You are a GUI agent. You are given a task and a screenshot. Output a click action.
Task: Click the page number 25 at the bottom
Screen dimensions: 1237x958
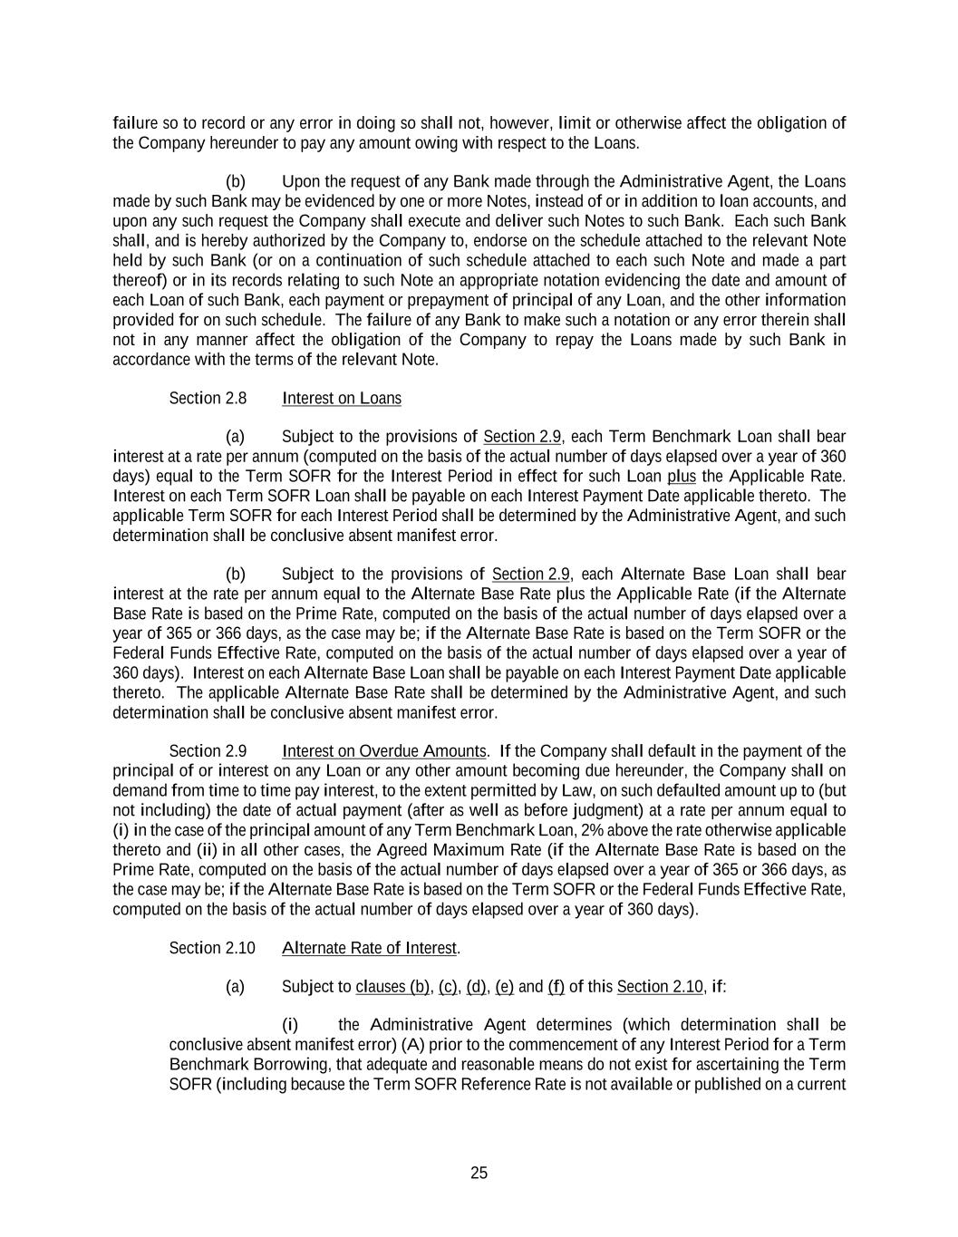[x=479, y=1173]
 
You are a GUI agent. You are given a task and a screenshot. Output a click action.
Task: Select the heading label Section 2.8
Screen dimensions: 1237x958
[x=208, y=399]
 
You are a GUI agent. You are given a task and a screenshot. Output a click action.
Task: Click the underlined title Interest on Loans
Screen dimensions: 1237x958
[x=342, y=399]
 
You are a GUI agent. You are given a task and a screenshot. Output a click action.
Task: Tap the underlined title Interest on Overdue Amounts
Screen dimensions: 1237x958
[x=384, y=751]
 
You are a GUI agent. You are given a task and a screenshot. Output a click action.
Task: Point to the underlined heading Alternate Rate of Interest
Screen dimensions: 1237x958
[x=369, y=948]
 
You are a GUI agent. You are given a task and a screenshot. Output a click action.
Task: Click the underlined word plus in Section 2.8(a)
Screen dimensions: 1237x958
[x=681, y=477]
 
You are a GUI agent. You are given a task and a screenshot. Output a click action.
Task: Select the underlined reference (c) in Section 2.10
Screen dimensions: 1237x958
[x=448, y=987]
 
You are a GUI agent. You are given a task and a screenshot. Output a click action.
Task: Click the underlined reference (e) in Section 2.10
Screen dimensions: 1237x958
[x=505, y=987]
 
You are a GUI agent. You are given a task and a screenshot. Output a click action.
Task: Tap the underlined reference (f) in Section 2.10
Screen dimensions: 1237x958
[x=556, y=987]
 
